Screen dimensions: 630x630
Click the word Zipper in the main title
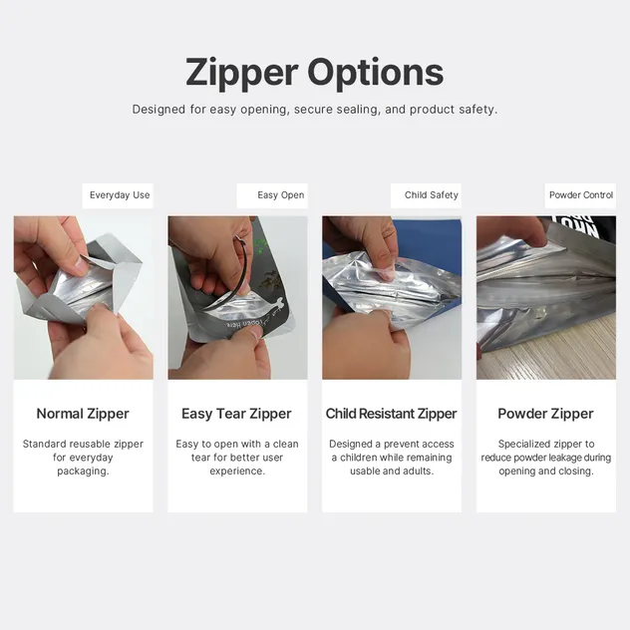(x=241, y=74)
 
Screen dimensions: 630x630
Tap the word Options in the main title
(x=375, y=73)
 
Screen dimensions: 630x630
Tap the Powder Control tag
(x=581, y=194)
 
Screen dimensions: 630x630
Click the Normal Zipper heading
(x=83, y=414)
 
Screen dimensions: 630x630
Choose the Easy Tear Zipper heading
(x=236, y=414)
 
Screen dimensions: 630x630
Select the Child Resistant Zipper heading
(x=392, y=414)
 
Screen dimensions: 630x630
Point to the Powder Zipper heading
(x=545, y=414)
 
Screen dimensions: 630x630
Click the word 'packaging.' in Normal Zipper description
(x=83, y=472)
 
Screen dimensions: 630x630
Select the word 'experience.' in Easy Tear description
(x=237, y=471)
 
